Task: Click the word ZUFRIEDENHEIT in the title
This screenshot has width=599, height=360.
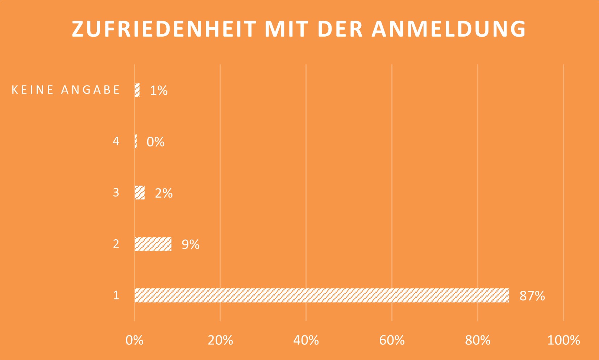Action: [164, 29]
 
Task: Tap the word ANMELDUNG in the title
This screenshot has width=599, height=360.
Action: [449, 29]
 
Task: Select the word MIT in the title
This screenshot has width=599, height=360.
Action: [286, 29]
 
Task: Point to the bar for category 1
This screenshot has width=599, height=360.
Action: [321, 295]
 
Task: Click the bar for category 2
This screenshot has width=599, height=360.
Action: [153, 244]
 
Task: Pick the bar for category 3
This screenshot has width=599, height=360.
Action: [140, 193]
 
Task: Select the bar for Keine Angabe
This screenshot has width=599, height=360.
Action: [137, 90]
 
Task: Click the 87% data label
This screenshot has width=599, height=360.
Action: [532, 296]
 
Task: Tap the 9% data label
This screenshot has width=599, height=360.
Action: [190, 244]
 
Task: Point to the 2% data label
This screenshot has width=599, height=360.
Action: [163, 193]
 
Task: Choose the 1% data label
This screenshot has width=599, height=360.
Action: [159, 90]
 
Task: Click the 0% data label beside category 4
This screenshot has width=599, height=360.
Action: [155, 142]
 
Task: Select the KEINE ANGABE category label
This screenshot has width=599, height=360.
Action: [66, 90]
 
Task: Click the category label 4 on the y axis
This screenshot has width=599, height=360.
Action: [116, 141]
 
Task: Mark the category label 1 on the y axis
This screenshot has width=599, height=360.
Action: [116, 295]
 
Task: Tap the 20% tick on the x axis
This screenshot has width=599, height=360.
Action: [220, 340]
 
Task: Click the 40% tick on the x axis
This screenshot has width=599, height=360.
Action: [306, 340]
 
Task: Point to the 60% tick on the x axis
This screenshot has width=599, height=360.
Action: [392, 340]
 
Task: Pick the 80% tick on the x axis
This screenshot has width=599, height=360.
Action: [478, 340]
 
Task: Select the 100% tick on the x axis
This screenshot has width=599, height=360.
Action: [563, 340]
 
